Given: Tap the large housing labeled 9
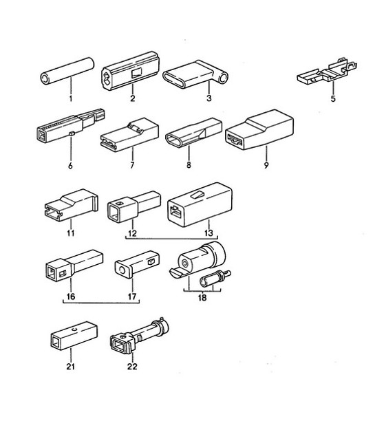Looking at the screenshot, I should pyautogui.click(x=259, y=133).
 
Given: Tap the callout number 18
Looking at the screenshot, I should pyautogui.click(x=202, y=299).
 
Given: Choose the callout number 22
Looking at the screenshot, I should pyautogui.click(x=131, y=366).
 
